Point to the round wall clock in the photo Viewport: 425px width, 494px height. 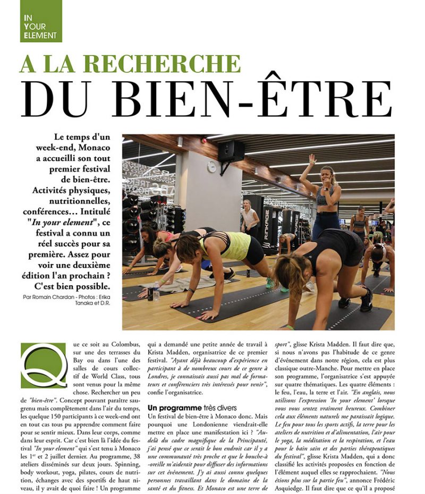point(211,167)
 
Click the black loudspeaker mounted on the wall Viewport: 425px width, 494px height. point(231,152)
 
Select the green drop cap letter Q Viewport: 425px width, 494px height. point(44,365)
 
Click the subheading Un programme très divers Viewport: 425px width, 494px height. point(188,407)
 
